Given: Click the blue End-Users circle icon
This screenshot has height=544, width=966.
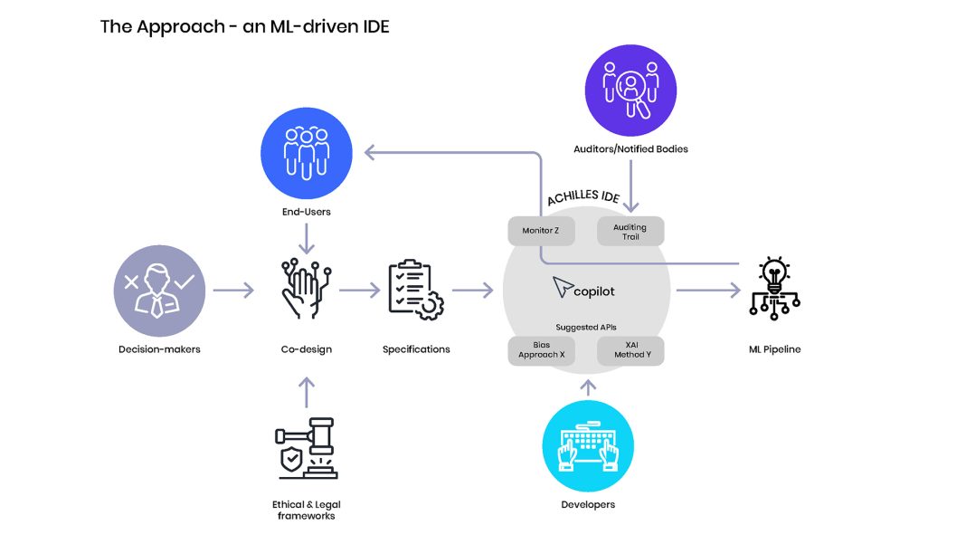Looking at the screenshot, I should coord(305,149).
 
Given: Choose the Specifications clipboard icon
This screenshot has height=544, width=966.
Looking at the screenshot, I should coord(415,291).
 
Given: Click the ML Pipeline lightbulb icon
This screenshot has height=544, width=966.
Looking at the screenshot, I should coord(774,289).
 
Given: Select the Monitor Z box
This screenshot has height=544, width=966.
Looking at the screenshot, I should coord(540,231).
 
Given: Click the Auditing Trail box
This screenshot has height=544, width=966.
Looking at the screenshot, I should coord(630,232).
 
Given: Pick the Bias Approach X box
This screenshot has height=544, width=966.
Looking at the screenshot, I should coord(541,350).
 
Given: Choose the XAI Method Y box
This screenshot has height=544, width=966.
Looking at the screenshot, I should coord(630,350).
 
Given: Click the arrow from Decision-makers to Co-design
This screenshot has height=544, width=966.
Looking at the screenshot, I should coord(233,291).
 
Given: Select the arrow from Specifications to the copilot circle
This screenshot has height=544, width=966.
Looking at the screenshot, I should coord(472,291).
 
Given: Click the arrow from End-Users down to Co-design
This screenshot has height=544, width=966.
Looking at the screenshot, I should coord(306,239).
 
